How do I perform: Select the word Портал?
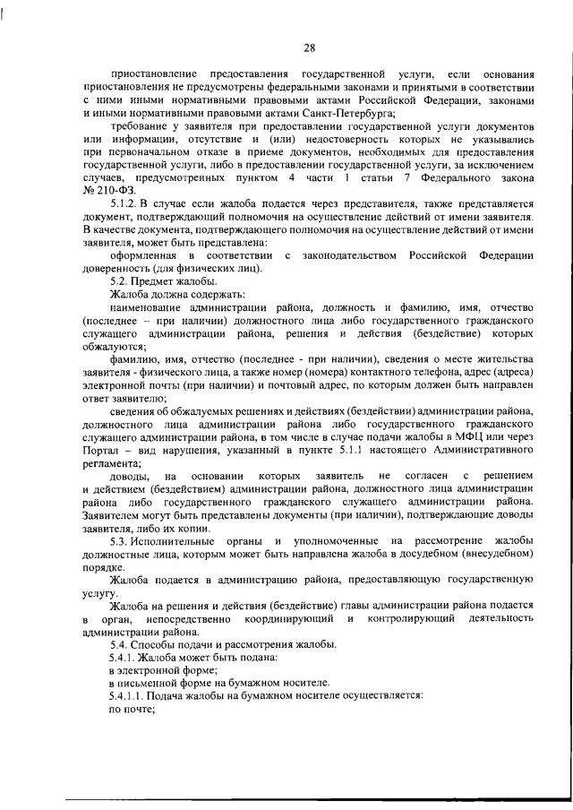click(100, 449)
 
